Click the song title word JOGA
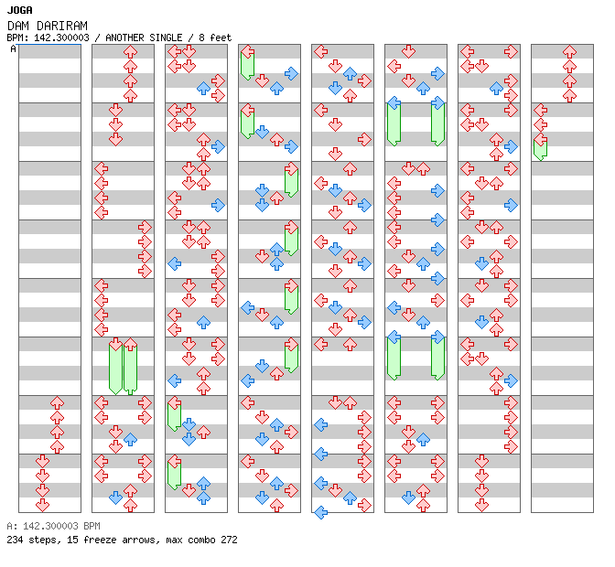tap(19, 10)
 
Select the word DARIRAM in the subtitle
tap(62, 26)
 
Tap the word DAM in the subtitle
tap(18, 26)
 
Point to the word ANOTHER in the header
tap(124, 37)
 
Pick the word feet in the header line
tap(221, 37)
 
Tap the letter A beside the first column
tap(14, 49)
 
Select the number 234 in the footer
tap(15, 540)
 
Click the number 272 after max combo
tap(229, 540)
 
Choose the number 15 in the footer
tap(72, 540)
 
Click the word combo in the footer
tap(201, 540)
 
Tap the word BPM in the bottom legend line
tap(92, 526)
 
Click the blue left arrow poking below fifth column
tap(321, 512)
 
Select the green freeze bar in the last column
tap(541, 150)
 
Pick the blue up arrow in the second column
tap(130, 440)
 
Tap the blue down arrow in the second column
tap(115, 497)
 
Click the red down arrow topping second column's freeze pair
tap(115, 344)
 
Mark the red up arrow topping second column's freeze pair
tap(130, 344)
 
